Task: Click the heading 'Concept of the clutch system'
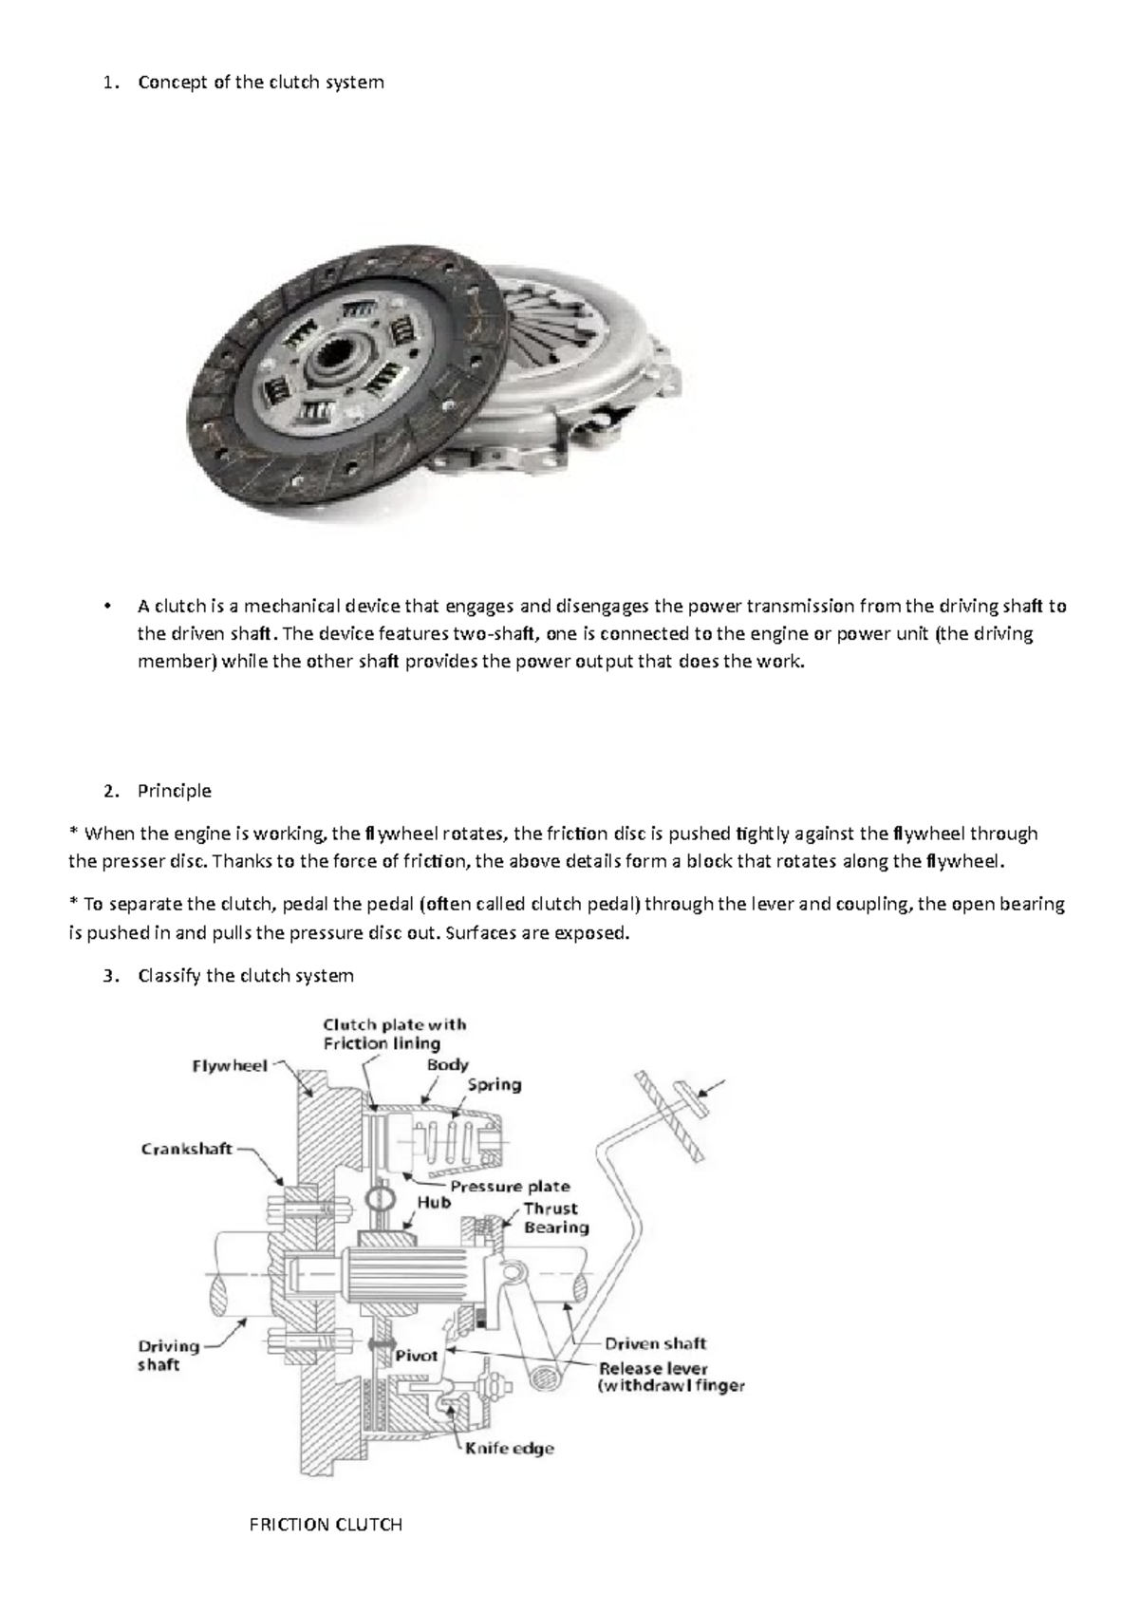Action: click(260, 82)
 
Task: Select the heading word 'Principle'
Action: click(174, 791)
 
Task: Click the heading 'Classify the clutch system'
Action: click(245, 975)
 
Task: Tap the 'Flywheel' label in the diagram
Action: click(230, 1066)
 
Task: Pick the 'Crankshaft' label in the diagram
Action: click(187, 1149)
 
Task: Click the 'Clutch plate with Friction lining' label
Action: click(394, 1034)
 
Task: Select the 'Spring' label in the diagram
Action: click(494, 1085)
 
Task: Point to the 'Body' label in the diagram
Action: click(447, 1065)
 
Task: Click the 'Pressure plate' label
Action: click(510, 1187)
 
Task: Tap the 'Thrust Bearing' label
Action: click(555, 1218)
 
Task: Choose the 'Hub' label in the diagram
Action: click(434, 1203)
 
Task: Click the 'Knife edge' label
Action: click(509, 1449)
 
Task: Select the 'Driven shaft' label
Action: click(655, 1343)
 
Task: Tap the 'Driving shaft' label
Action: click(169, 1356)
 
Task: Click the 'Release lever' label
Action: click(653, 1368)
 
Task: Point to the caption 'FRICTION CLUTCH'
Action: click(326, 1525)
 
